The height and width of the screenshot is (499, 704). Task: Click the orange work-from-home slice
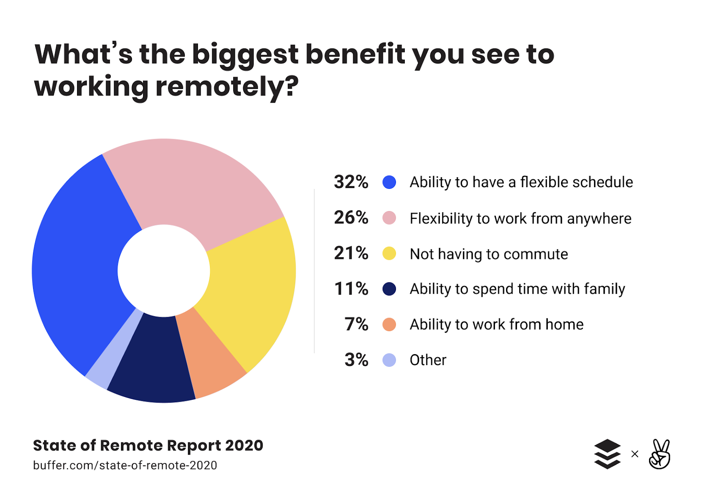pyautogui.click(x=211, y=352)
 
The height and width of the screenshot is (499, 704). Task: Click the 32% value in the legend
pyautogui.click(x=351, y=182)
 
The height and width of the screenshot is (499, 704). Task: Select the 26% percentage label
pyautogui.click(x=351, y=218)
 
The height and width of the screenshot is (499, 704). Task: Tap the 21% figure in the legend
pyautogui.click(x=351, y=253)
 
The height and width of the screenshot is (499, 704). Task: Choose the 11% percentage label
pyautogui.click(x=351, y=289)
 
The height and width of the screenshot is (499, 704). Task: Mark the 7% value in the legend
pyautogui.click(x=356, y=325)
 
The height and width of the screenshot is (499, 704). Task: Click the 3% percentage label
pyautogui.click(x=356, y=360)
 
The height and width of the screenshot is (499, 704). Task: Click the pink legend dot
pyautogui.click(x=389, y=218)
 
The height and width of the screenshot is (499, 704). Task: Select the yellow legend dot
pyautogui.click(x=389, y=253)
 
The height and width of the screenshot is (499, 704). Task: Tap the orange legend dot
pyautogui.click(x=389, y=325)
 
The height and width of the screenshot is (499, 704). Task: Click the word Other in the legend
pyautogui.click(x=428, y=360)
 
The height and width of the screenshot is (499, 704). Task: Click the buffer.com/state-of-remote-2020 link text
pyautogui.click(x=125, y=466)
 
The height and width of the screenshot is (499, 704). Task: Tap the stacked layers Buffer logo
pyautogui.click(x=607, y=454)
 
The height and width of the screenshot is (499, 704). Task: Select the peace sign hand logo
pyautogui.click(x=660, y=454)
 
